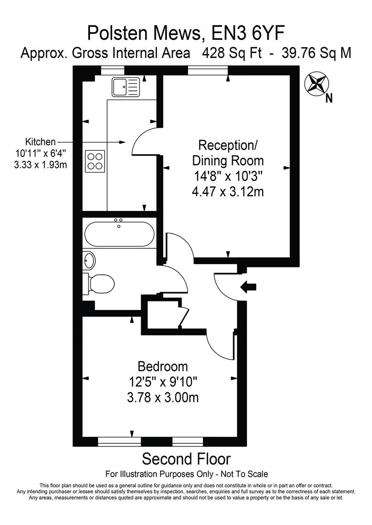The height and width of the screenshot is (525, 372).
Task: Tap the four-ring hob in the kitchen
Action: tap(95, 161)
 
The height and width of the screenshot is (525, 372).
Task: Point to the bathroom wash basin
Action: tap(89, 260)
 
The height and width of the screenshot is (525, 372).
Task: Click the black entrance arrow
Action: tap(249, 287)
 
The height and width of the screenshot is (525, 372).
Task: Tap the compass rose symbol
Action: tap(316, 83)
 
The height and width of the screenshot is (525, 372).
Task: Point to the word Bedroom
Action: tap(162, 366)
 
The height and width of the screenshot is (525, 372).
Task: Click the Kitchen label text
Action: tap(40, 142)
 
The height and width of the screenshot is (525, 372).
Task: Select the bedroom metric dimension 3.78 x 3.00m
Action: tap(162, 398)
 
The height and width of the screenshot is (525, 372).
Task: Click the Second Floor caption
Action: tap(186, 458)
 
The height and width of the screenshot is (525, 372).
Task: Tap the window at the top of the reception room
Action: tap(208, 71)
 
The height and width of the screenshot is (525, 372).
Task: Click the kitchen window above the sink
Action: tap(112, 71)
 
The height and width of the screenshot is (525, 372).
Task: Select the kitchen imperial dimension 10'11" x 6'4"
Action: tap(40, 153)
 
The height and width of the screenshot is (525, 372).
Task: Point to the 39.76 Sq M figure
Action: tap(316, 53)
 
